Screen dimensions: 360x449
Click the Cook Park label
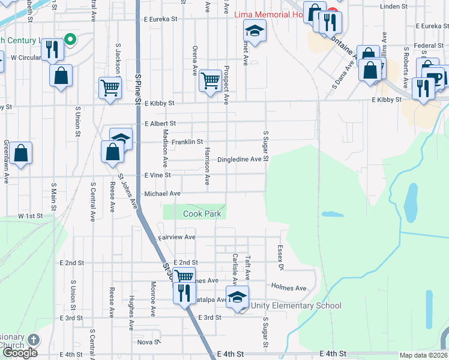click(x=202, y=214)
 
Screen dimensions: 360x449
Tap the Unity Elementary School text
click(x=297, y=306)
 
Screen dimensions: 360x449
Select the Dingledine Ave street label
click(x=240, y=160)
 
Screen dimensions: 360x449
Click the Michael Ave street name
click(x=162, y=194)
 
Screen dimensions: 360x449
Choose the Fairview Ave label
click(x=176, y=238)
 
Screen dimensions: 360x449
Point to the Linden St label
click(x=394, y=7)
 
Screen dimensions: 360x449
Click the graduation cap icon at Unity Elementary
click(x=237, y=297)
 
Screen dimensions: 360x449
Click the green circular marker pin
click(x=70, y=40)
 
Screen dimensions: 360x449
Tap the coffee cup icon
click(x=433, y=76)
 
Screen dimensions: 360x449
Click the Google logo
click(x=20, y=353)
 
